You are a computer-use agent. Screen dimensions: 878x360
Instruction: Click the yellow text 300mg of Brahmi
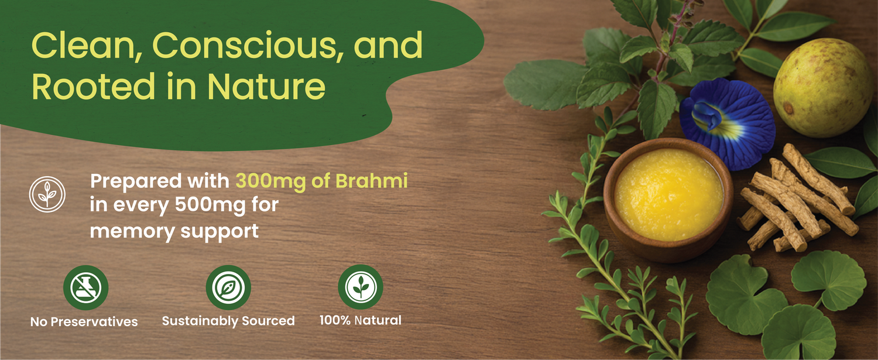pos(321,181)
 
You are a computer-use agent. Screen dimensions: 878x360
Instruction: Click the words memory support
pos(174,231)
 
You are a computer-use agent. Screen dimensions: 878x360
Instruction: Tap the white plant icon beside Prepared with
pos(47,194)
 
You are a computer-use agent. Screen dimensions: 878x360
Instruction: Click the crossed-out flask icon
pos(86,287)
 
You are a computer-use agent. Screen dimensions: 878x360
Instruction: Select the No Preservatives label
pos(84,322)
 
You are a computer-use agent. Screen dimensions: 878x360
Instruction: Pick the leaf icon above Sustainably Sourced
pos(228,287)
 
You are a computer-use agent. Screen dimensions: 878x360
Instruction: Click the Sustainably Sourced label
pos(228,321)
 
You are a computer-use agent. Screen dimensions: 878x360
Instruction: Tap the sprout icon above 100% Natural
pos(361,287)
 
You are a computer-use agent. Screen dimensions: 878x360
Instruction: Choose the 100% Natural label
pos(360,320)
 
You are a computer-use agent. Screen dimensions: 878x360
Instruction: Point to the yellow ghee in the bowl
pos(668,194)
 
